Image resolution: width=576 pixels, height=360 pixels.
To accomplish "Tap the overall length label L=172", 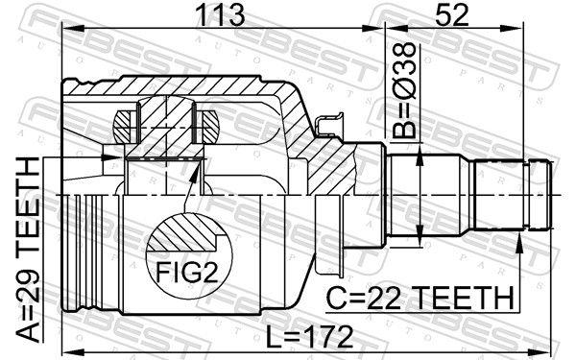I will point(308,336).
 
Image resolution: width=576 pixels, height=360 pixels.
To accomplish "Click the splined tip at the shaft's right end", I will point(538,198).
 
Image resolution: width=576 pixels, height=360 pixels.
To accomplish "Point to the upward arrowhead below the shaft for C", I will point(519,240).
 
